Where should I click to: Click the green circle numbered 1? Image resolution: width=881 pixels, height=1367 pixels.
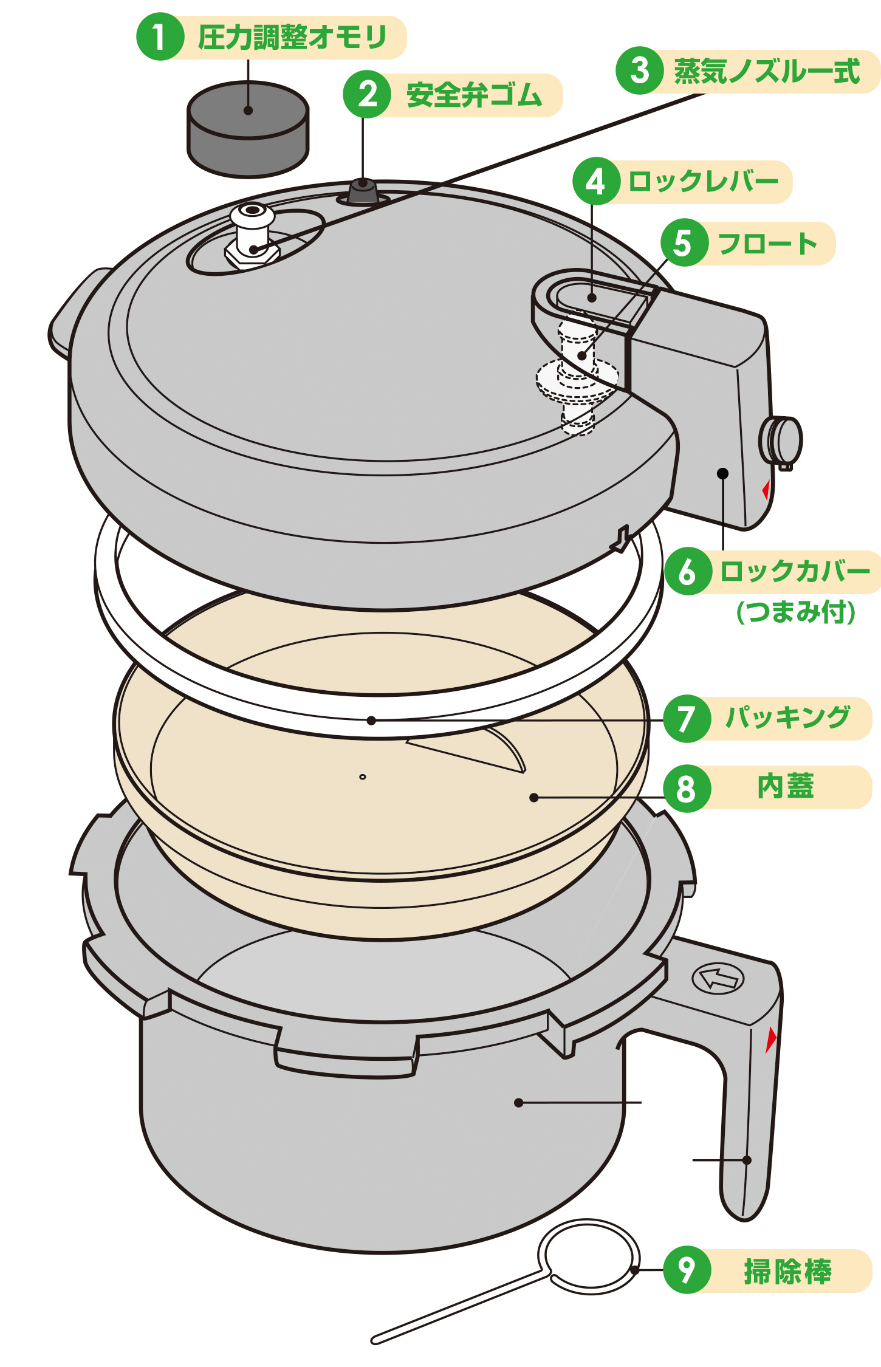159,37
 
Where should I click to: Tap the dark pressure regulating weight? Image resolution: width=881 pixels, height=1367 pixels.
247,129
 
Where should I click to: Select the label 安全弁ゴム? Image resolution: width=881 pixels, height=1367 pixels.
474,95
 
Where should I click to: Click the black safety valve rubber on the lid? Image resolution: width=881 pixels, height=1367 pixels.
363,191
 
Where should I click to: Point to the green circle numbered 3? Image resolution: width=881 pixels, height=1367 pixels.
639,70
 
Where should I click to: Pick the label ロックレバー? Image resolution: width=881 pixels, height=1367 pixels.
703,182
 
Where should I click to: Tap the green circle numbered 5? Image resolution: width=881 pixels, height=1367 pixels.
684,243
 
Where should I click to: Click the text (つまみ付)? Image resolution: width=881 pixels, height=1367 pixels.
796,612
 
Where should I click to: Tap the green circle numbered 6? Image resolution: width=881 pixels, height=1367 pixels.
687,572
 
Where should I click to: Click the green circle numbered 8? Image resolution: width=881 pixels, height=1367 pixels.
687,789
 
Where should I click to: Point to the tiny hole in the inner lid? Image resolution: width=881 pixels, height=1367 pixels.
363,776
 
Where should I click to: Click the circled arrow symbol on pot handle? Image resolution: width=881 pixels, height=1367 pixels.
718,978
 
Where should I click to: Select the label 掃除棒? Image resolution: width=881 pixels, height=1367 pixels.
787,1271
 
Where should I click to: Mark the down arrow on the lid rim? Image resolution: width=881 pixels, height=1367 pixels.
621,538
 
